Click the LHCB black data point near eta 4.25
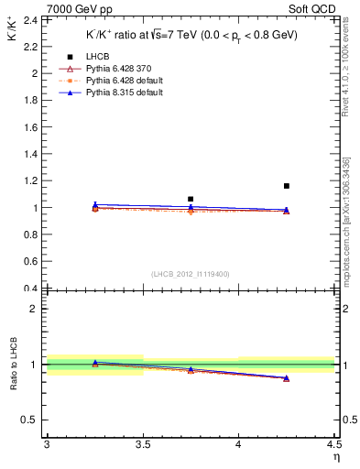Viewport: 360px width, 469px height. tap(287, 186)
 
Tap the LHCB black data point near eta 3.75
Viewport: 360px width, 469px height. tap(191, 199)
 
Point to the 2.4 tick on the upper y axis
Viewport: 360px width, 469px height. tap(35, 19)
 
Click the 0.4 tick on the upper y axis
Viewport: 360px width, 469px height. tap(35, 289)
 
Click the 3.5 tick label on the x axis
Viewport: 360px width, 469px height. tap(142, 444)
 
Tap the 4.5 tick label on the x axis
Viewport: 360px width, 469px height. tap(333, 444)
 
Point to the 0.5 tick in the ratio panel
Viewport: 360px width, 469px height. tap(35, 420)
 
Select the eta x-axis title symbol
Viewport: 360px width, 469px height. tap(335, 456)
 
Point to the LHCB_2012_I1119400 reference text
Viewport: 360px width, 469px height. tap(191, 274)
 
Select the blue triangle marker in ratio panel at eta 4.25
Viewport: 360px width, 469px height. tap(287, 377)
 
